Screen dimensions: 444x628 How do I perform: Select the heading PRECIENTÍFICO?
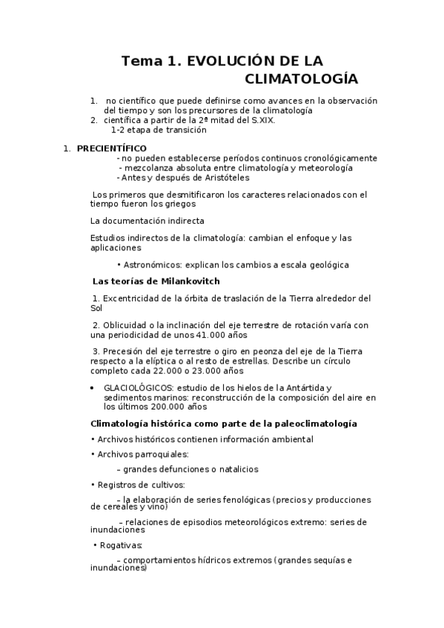tap(112, 148)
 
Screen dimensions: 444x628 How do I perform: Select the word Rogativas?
tap(122, 546)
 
